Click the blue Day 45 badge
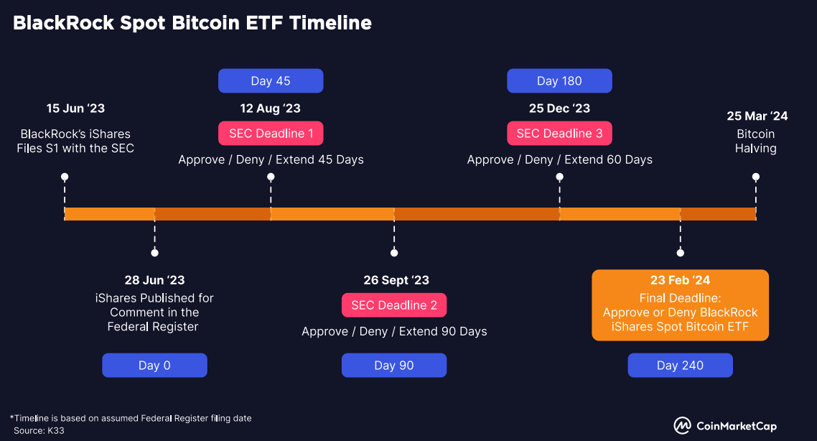click(x=271, y=81)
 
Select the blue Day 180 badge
click(x=559, y=81)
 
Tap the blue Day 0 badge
click(x=154, y=366)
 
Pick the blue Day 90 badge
click(x=394, y=366)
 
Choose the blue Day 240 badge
click(x=680, y=366)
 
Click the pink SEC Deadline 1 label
click(x=271, y=134)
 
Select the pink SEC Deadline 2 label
click(x=394, y=305)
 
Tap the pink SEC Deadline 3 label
click(x=559, y=134)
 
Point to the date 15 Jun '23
click(x=75, y=108)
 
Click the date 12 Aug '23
click(x=271, y=108)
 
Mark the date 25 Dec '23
click(x=559, y=108)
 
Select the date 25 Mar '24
click(x=757, y=116)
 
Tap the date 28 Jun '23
click(x=154, y=280)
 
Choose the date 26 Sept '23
click(x=396, y=280)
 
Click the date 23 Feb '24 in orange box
click(x=680, y=280)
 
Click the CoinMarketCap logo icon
click(x=682, y=426)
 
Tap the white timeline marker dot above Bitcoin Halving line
click(x=755, y=177)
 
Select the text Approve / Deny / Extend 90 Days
click(x=394, y=331)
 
